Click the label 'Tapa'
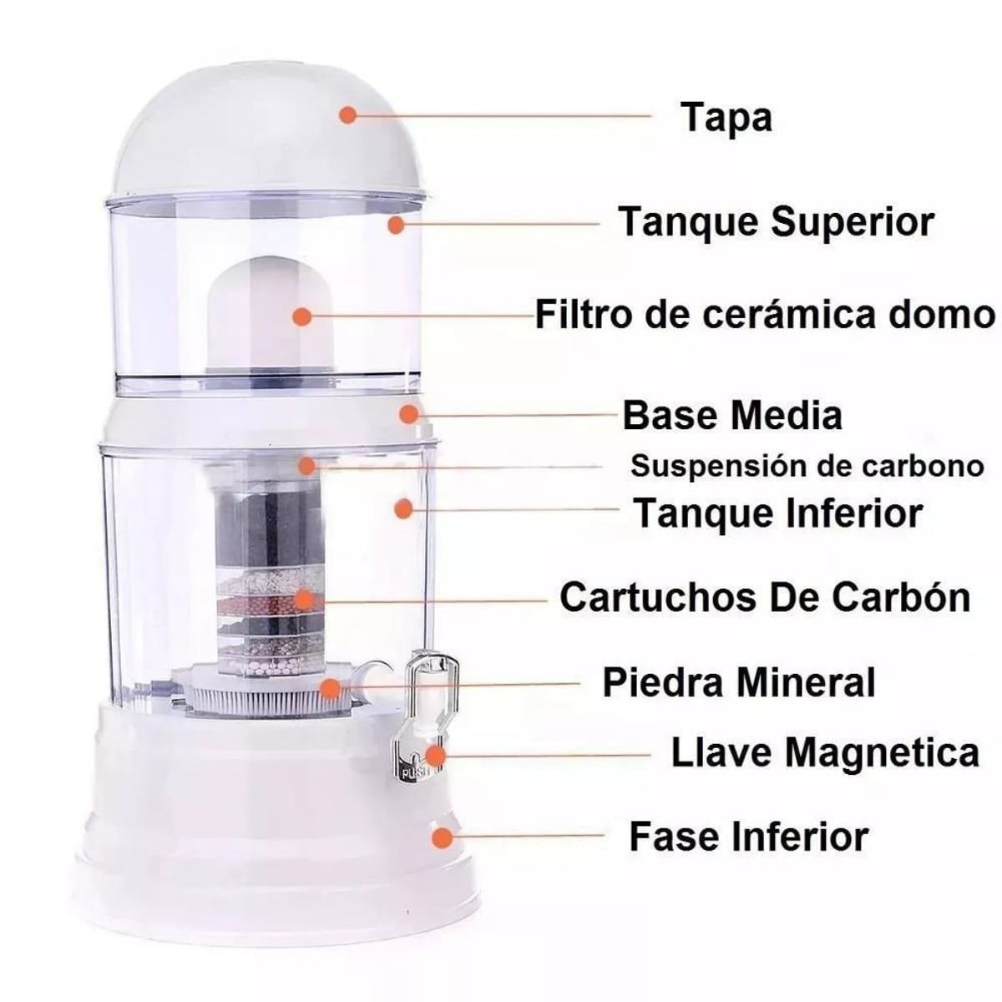point(726,117)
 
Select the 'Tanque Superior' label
point(776,223)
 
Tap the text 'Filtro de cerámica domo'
point(765,316)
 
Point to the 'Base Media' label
point(732,415)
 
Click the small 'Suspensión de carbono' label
point(807,466)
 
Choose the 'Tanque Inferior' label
point(778,512)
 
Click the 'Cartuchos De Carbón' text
point(765,598)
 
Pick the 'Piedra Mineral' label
point(739,682)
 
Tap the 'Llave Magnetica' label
point(825,753)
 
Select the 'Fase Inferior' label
point(749,836)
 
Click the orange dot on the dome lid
point(348,115)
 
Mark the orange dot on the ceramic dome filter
point(302,316)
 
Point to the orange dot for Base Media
point(408,413)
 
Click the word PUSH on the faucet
point(416,772)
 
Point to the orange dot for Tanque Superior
point(397,224)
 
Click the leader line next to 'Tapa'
point(501,116)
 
